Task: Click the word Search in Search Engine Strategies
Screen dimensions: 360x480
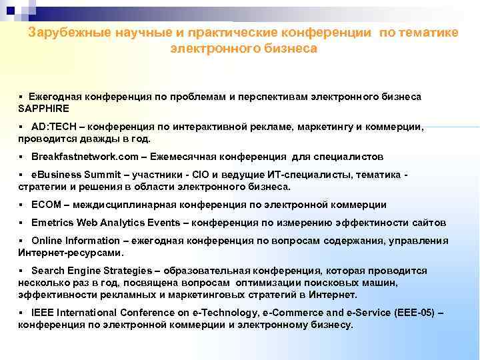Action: pyautogui.click(x=47, y=271)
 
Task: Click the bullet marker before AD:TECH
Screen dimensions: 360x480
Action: pyautogui.click(x=21, y=126)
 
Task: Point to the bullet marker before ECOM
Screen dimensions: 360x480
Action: pyautogui.click(x=21, y=205)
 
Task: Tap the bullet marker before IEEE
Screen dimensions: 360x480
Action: pyautogui.click(x=21, y=312)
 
